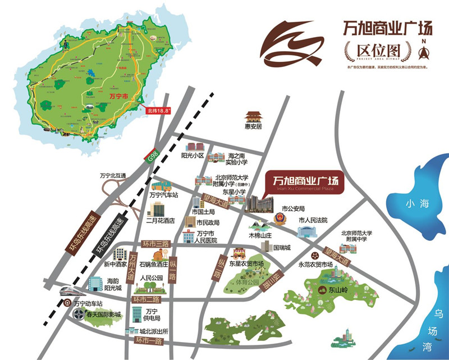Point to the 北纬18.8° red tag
point(158,111)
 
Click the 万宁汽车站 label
point(163,195)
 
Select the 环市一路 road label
point(147,340)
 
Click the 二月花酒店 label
point(161,221)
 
